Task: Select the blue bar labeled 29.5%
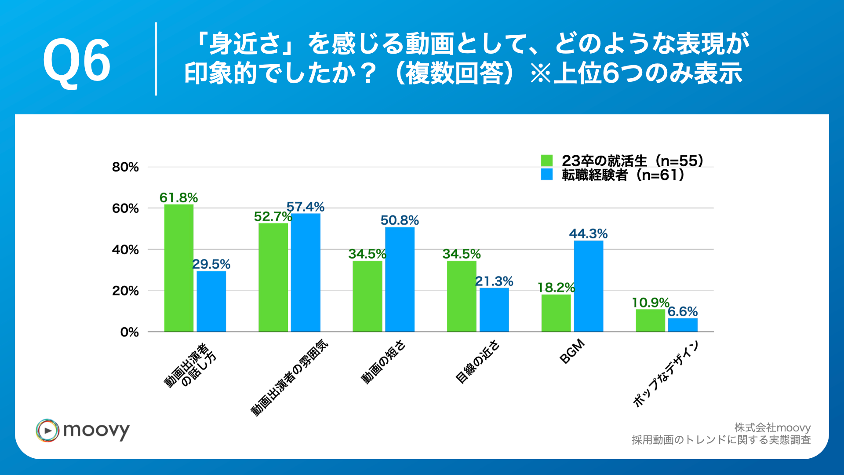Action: click(x=211, y=301)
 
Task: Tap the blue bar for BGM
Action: click(x=588, y=286)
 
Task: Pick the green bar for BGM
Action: click(x=556, y=313)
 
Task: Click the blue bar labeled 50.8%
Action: click(x=400, y=279)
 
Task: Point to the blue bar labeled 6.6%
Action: click(x=683, y=325)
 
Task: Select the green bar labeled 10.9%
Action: click(x=650, y=320)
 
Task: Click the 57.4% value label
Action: click(x=306, y=207)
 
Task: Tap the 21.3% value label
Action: click(x=494, y=281)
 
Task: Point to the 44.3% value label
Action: click(x=588, y=234)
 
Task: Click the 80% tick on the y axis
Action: click(x=125, y=167)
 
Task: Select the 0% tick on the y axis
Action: click(x=129, y=332)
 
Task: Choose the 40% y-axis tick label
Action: click(x=125, y=250)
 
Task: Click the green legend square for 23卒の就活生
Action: click(x=546, y=161)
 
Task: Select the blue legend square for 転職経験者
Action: click(x=546, y=175)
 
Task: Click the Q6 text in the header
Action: click(x=76, y=60)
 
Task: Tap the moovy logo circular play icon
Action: click(x=47, y=430)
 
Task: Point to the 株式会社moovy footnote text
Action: click(x=772, y=427)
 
